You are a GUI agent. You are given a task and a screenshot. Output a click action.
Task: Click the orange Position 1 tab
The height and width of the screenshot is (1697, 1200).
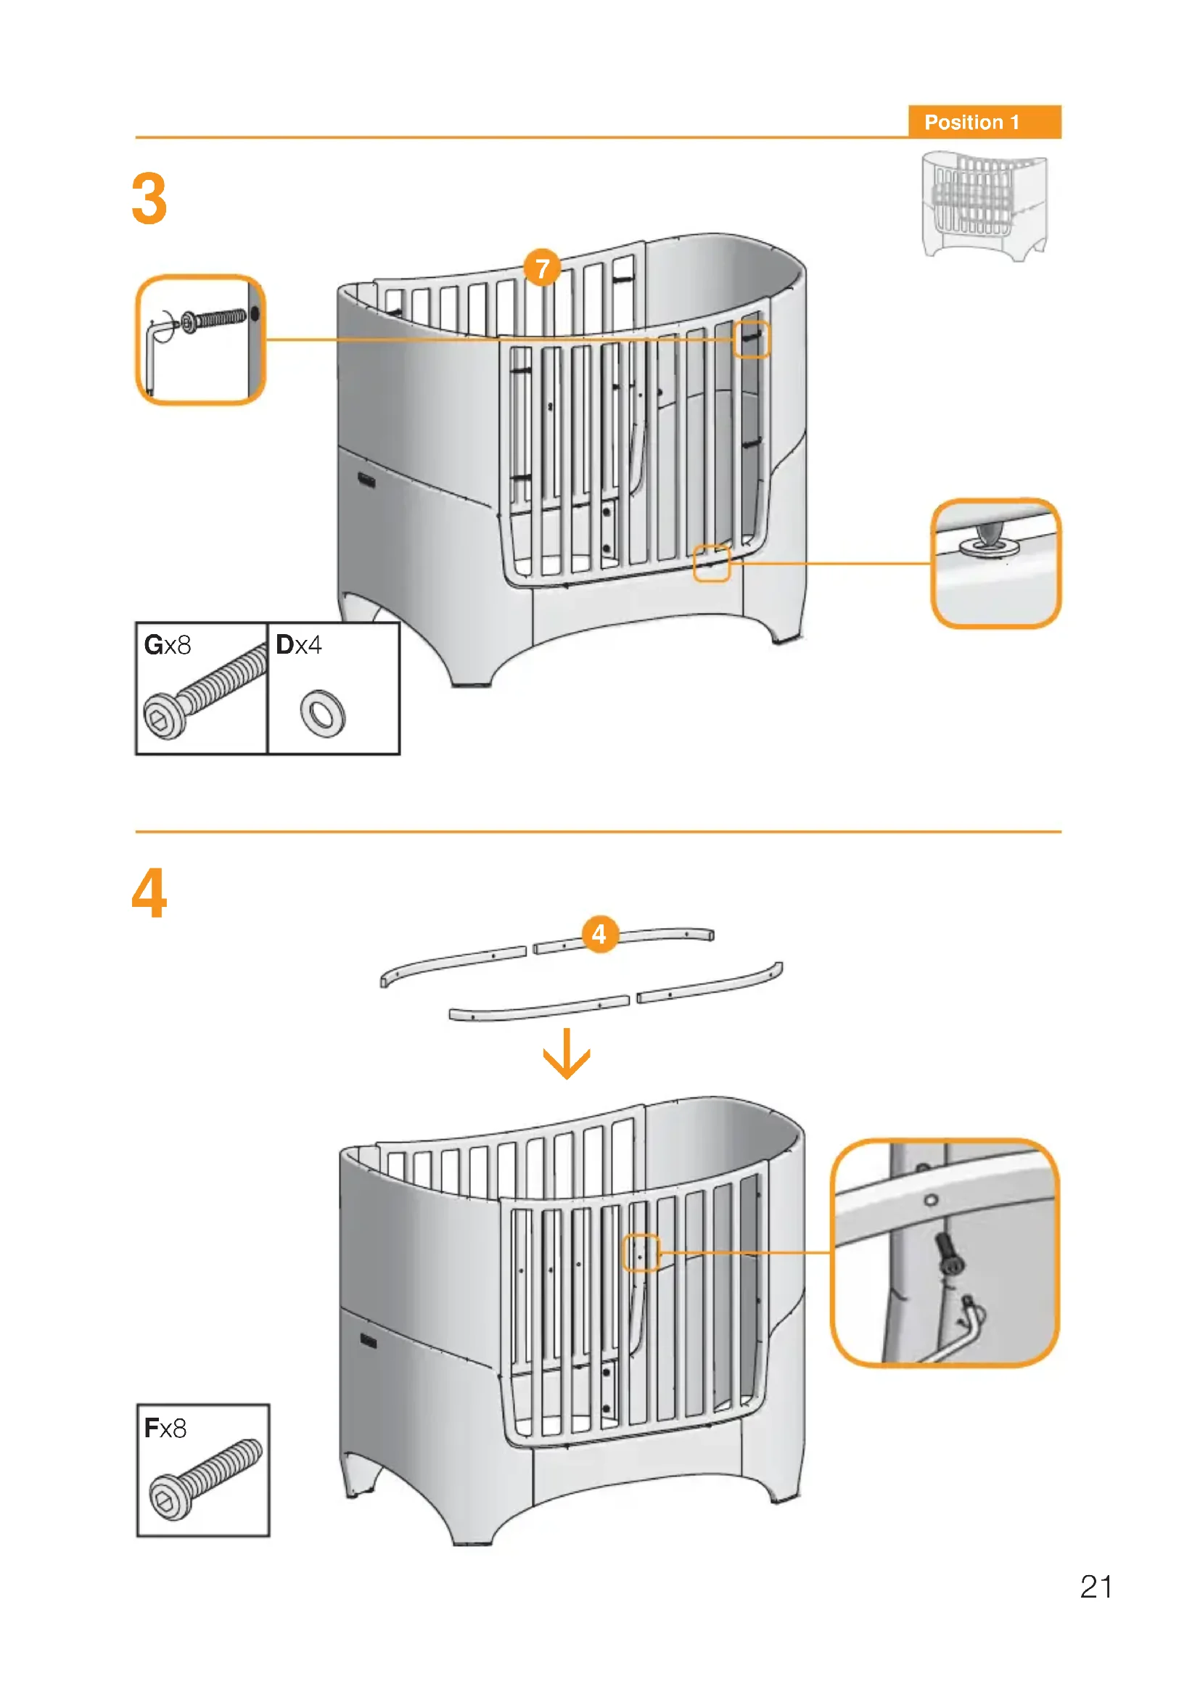coord(984,122)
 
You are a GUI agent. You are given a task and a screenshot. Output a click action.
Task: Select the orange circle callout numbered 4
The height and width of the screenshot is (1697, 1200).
coord(599,934)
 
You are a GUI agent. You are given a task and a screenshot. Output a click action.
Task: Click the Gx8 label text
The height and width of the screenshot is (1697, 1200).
coord(168,645)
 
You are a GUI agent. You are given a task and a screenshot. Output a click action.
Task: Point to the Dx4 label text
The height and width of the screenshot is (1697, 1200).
coord(298,645)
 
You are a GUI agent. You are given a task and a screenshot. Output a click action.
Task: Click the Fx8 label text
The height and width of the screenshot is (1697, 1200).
coord(165,1429)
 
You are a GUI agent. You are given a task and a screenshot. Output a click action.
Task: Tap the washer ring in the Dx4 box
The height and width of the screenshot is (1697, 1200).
coord(323,713)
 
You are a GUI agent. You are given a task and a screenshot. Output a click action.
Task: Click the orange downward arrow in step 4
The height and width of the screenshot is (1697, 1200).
coord(567,1053)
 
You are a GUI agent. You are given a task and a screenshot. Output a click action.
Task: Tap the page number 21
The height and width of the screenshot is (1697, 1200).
coord(1096,1587)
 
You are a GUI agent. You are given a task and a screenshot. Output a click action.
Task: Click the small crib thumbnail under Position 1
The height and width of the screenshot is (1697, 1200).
coord(985,205)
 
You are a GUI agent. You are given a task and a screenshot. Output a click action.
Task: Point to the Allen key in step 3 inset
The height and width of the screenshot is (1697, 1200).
coord(153,355)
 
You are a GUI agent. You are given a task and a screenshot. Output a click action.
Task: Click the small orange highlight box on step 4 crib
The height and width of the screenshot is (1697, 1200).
coord(641,1253)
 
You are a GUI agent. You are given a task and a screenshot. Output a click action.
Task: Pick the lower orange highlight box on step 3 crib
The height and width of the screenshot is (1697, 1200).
coord(712,563)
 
